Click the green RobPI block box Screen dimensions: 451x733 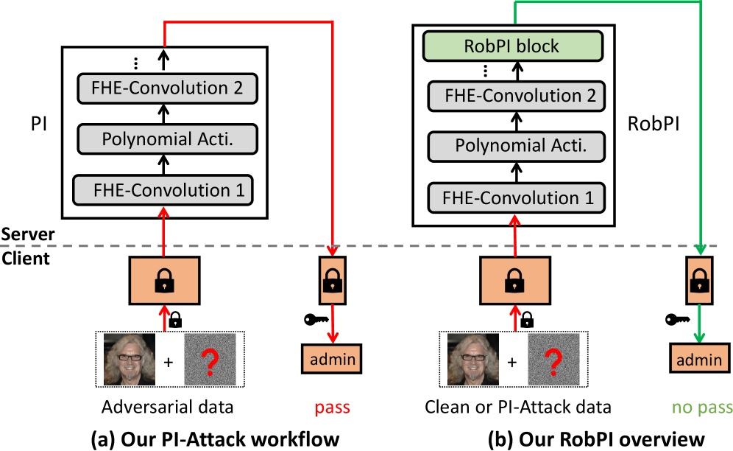[x=511, y=46]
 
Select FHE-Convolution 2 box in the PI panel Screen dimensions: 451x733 [x=166, y=88]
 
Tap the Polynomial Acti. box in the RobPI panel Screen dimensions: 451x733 [x=520, y=145]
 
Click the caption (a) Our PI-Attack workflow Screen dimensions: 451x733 [x=215, y=438]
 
